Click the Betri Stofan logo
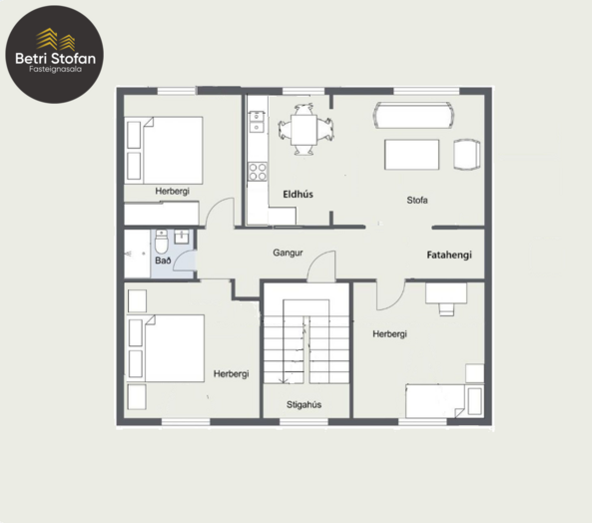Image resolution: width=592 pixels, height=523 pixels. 54,54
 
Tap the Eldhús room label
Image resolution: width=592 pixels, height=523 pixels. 297,195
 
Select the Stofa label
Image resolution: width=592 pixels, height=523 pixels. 417,200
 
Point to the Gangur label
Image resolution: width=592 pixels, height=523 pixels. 288,253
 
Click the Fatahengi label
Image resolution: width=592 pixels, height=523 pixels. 449,256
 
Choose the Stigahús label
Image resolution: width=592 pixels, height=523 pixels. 303,405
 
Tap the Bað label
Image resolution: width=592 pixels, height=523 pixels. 163,261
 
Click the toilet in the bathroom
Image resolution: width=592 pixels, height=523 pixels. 162,242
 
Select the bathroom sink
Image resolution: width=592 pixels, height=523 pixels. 183,237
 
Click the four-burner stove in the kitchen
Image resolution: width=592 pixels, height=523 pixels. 258,172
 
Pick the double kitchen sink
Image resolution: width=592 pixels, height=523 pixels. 257,122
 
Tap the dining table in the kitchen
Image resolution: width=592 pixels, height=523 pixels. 303,130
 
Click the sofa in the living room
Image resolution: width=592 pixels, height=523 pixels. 413,115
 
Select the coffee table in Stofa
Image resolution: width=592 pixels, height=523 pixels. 412,155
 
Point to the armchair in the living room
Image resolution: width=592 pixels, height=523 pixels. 467,155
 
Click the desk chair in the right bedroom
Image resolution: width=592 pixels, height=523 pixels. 446,308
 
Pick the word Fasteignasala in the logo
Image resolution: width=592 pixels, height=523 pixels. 56,69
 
